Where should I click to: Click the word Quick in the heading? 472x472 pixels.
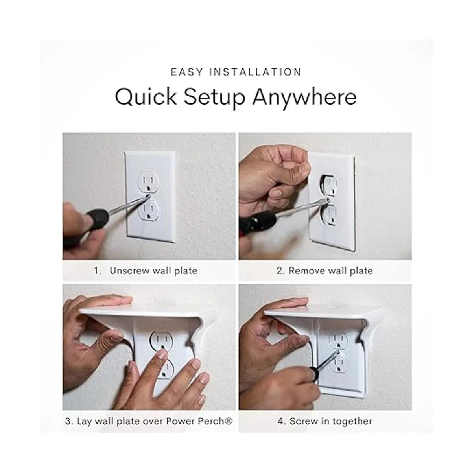[146, 98]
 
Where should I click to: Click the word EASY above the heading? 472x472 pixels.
[187, 72]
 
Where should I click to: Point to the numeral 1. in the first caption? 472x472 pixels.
[98, 271]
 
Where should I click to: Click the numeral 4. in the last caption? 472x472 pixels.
[282, 421]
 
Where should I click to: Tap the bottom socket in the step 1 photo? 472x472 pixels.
[148, 210]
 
